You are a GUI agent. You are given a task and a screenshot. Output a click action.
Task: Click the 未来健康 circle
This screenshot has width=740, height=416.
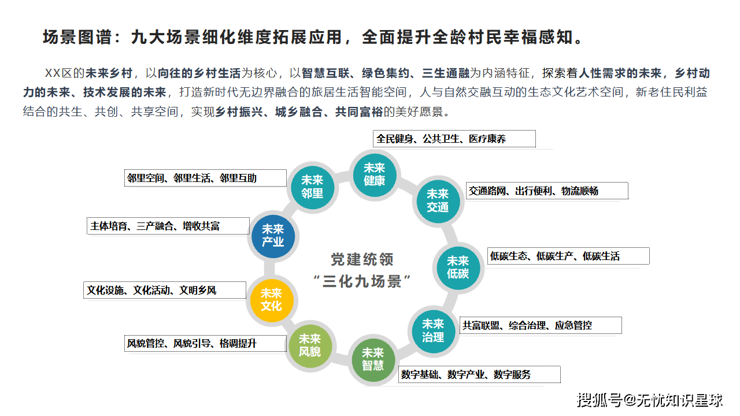tap(374, 174)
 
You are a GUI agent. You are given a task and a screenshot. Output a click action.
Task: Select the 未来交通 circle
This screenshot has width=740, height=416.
tap(438, 200)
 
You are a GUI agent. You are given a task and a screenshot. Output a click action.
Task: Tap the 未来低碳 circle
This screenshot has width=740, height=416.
tap(457, 267)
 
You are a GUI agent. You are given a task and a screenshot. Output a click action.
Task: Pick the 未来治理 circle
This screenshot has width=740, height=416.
tap(433, 330)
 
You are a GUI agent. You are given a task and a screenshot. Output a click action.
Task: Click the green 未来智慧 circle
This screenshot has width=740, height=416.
tap(373, 359)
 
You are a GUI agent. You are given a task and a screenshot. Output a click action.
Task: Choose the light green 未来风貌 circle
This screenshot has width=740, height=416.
tap(310, 345)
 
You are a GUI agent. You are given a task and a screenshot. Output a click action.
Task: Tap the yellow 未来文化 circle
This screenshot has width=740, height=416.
tap(271, 300)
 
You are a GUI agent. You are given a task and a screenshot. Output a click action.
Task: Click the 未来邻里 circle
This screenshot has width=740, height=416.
tap(312, 187)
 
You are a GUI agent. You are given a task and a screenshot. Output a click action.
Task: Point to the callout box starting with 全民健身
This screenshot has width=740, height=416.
tap(454, 139)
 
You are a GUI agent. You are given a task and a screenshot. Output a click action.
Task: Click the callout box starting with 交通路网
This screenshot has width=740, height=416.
tap(547, 191)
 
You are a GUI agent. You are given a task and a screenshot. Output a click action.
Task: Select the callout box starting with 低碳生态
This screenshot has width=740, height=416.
tap(568, 256)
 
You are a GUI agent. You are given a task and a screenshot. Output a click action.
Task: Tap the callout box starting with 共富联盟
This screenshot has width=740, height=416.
tap(541, 325)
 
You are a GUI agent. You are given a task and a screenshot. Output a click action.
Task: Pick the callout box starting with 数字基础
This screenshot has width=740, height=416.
tap(479, 374)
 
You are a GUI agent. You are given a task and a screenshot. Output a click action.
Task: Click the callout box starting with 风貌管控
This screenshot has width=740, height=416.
tap(206, 343)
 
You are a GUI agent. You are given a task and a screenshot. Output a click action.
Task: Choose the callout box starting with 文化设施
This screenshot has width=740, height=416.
tap(165, 290)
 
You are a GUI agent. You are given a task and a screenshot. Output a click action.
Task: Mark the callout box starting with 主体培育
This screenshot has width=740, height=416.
tap(168, 226)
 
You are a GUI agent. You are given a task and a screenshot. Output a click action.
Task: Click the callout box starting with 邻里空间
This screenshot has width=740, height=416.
tap(206, 178)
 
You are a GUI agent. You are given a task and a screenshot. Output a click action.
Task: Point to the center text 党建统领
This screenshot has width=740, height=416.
tap(362, 259)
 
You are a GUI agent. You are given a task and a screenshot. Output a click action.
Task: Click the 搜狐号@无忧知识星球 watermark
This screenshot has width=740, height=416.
tap(650, 399)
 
